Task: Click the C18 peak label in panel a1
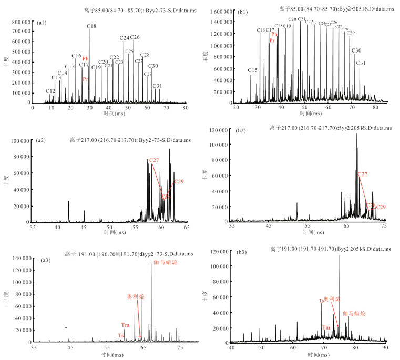click(x=91, y=26)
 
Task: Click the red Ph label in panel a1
click(x=86, y=58)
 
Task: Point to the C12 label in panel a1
click(x=50, y=91)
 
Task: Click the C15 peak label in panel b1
click(x=252, y=70)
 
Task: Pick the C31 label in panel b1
click(x=361, y=63)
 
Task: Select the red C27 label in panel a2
click(x=154, y=160)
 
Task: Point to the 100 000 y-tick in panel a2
click(x=18, y=141)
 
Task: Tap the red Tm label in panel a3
click(x=125, y=325)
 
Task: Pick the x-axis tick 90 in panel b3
click(x=385, y=348)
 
